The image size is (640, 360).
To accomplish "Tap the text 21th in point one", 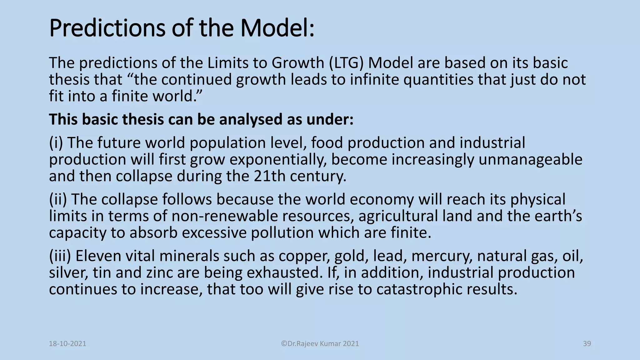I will tap(269, 176).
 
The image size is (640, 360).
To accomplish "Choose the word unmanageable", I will tap(530, 160).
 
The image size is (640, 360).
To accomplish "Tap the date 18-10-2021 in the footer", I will tap(67, 344).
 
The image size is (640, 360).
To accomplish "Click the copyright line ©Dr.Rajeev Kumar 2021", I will tap(320, 344).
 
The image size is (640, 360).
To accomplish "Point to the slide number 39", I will tap(587, 344).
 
